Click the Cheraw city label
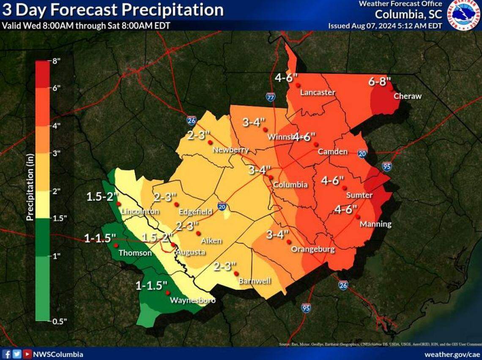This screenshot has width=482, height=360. click(x=407, y=96)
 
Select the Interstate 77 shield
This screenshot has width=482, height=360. click(x=271, y=97)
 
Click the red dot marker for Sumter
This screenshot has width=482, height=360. click(x=345, y=188)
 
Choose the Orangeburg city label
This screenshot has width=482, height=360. click(x=312, y=249)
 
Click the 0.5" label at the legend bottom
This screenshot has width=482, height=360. click(x=58, y=321)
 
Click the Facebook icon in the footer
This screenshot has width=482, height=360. click(x=7, y=354)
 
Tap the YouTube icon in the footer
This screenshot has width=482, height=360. click(x=27, y=354)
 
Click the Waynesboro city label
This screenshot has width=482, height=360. click(x=192, y=300)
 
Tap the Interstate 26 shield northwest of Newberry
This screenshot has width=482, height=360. click(x=191, y=121)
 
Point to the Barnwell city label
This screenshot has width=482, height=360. click(x=255, y=281)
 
